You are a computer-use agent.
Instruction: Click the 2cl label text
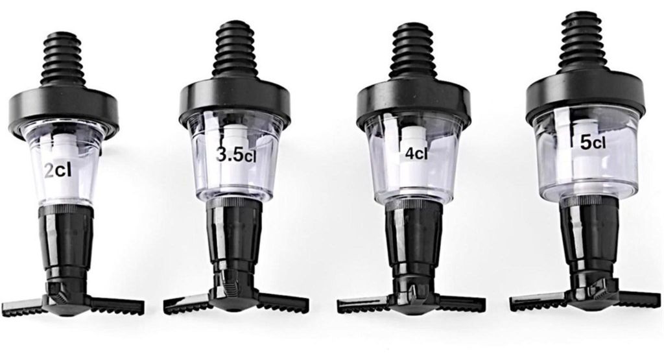pyautogui.click(x=58, y=170)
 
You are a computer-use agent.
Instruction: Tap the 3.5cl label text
pyautogui.click(x=236, y=155)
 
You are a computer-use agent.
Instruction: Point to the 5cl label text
pyautogui.click(x=593, y=142)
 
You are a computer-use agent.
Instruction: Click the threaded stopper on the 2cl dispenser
pyautogui.click(x=63, y=59)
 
